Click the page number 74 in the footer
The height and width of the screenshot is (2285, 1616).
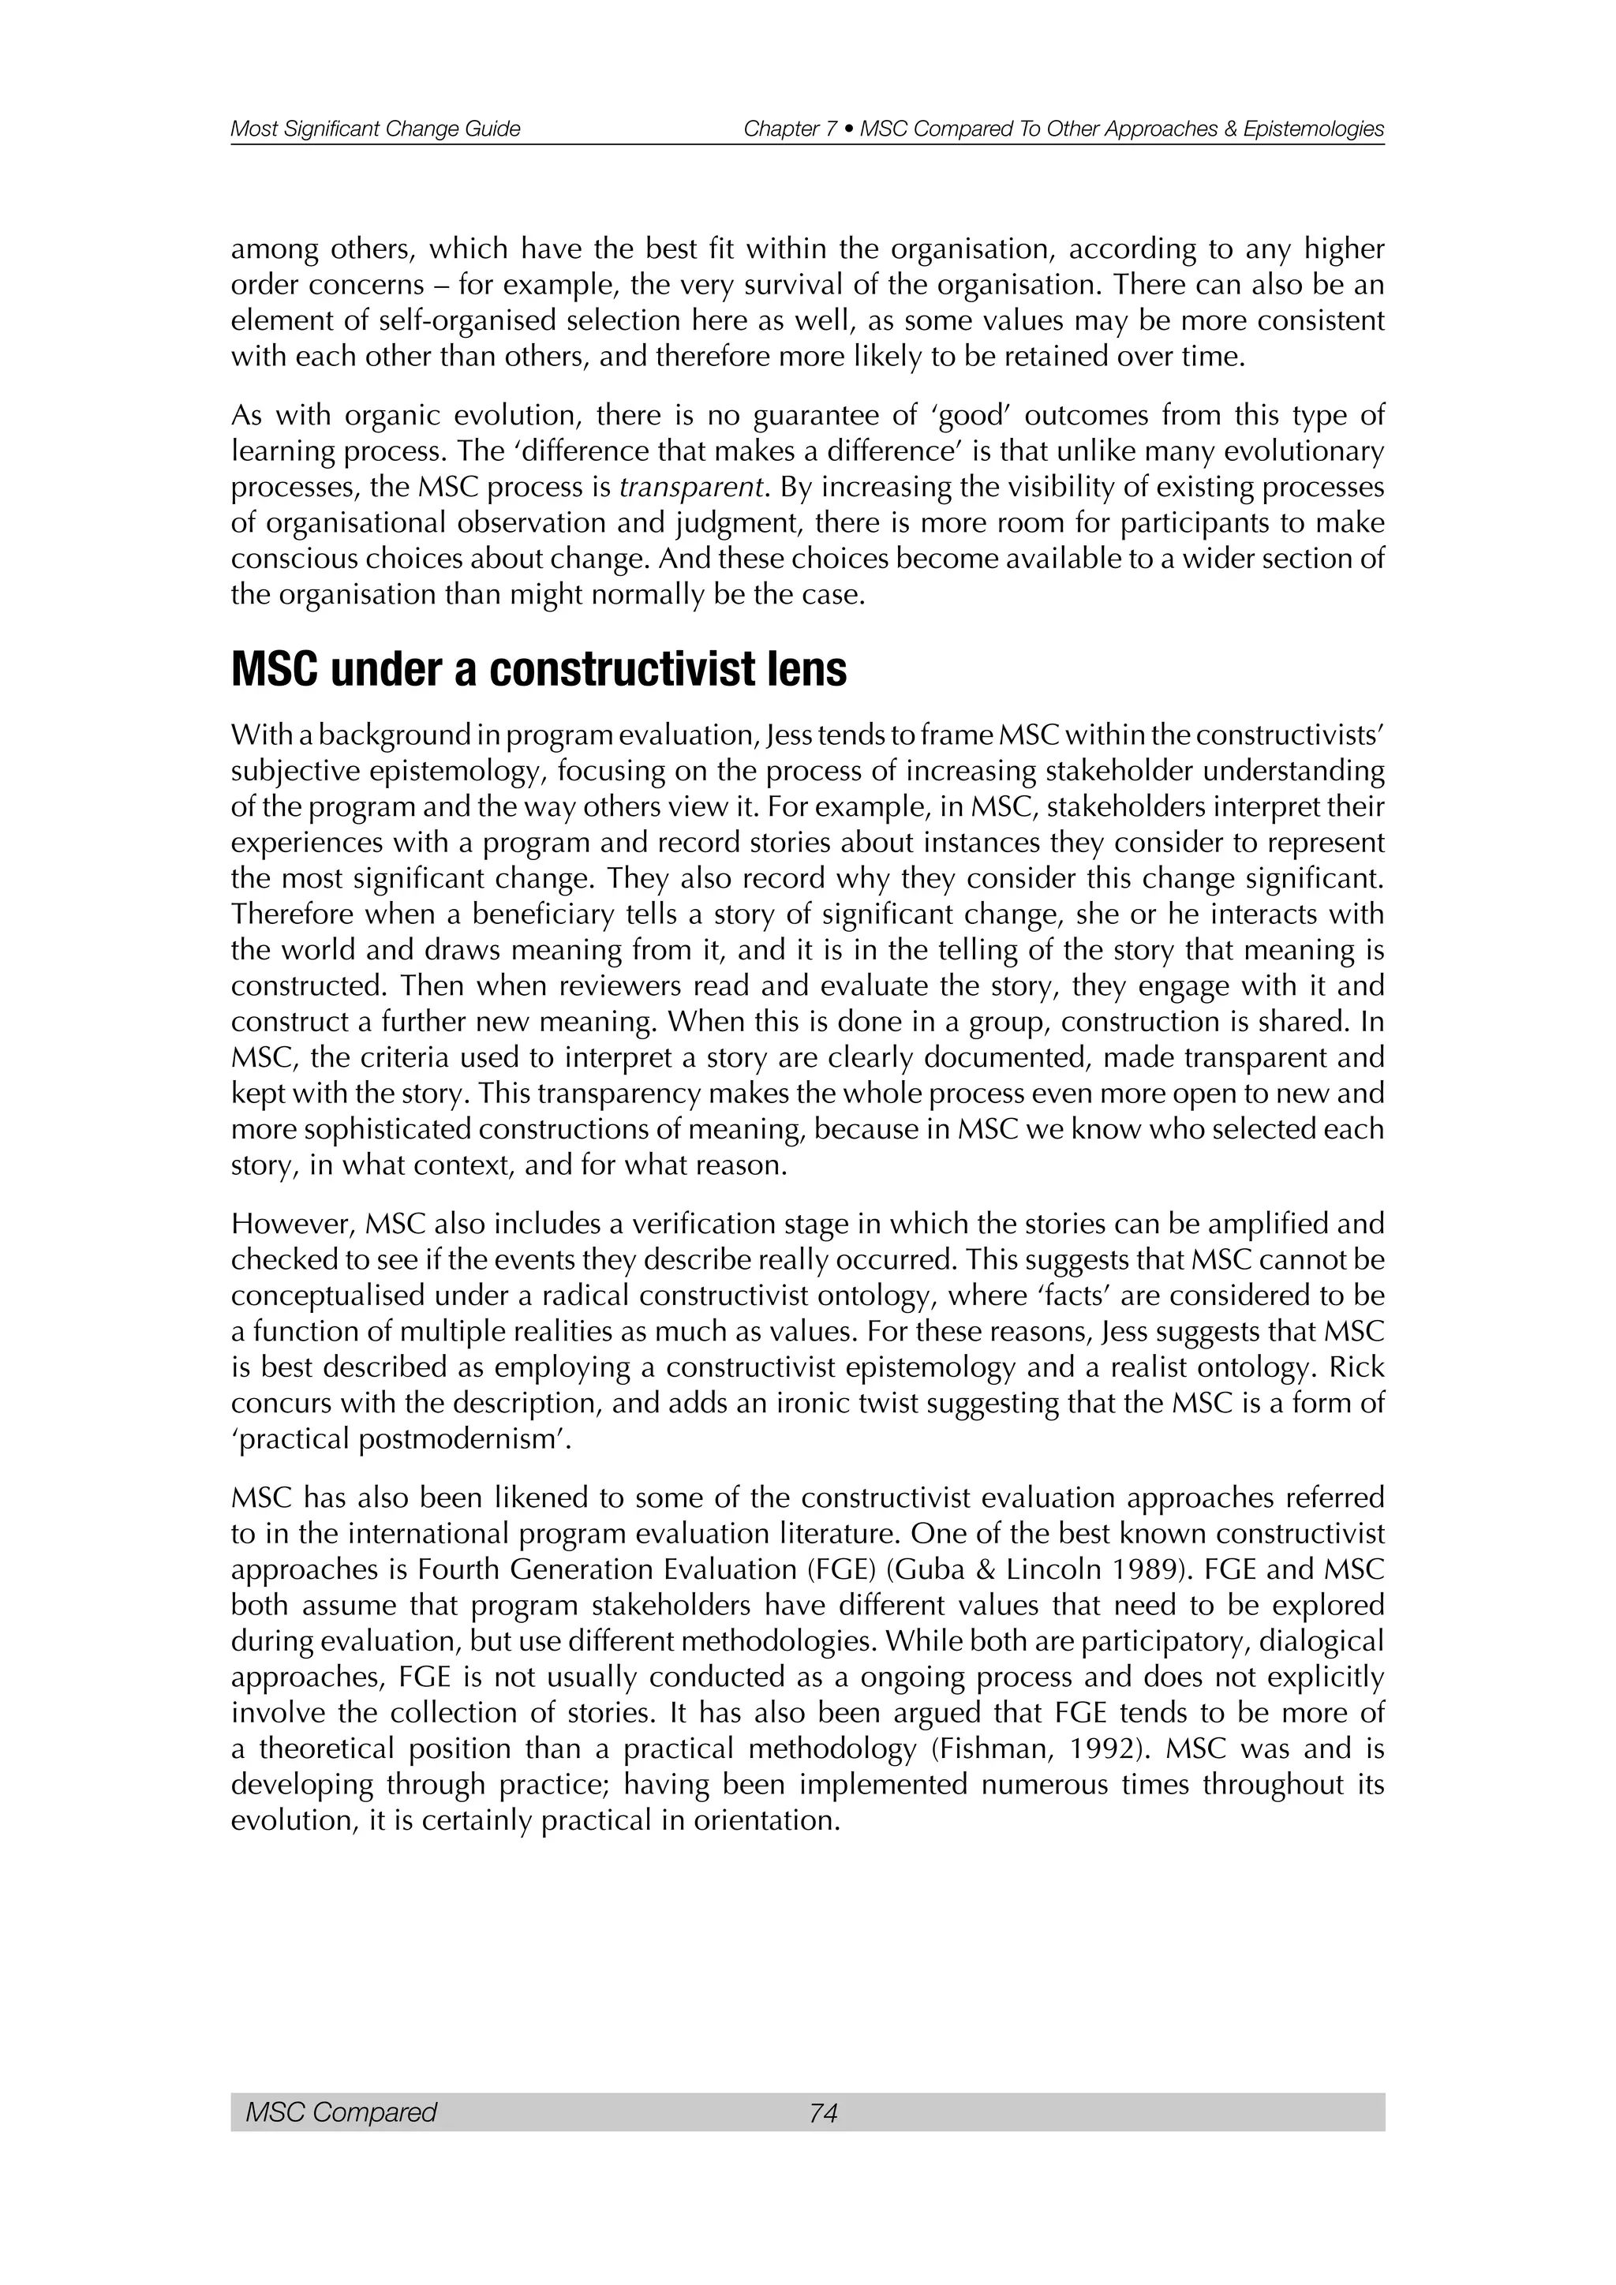pyautogui.click(x=823, y=2112)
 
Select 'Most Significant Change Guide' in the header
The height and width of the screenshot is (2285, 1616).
pyautogui.click(x=375, y=129)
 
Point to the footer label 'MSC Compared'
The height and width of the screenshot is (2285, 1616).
pyautogui.click(x=340, y=2112)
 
